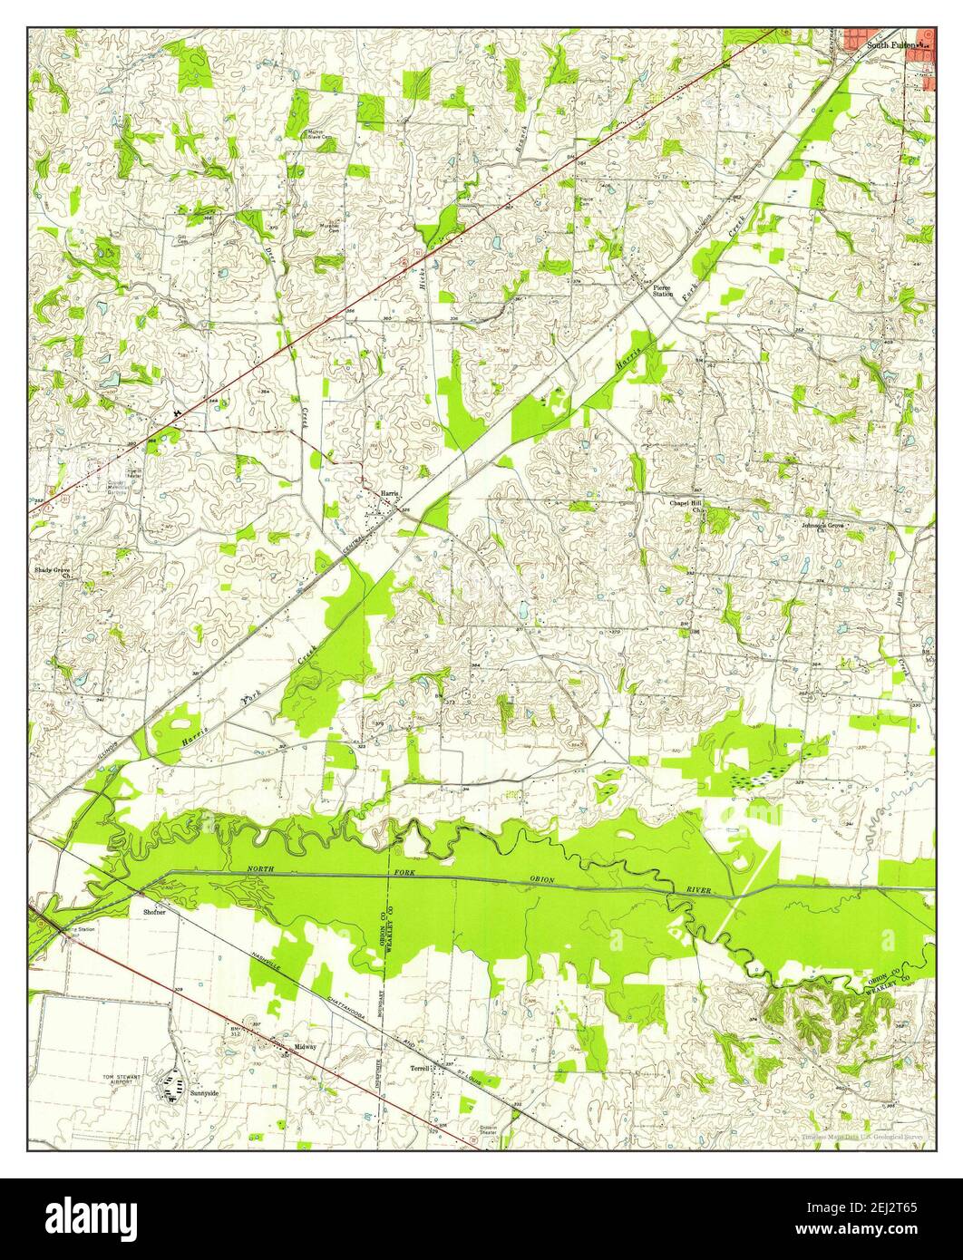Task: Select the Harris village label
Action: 390,493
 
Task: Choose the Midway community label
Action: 305,1047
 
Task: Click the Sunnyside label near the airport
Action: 205,1094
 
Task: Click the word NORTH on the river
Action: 259,870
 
